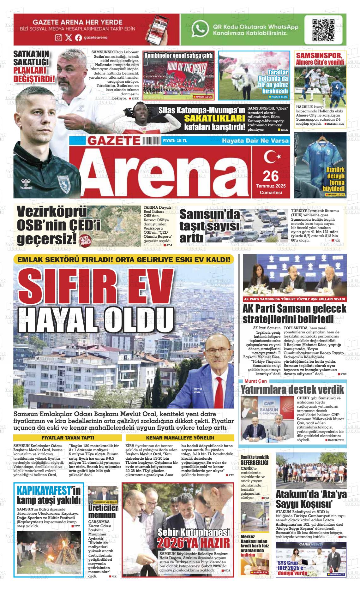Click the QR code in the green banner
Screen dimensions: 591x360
coord(323,30)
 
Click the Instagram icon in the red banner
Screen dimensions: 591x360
coord(59,38)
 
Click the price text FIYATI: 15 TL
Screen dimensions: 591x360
coord(175,141)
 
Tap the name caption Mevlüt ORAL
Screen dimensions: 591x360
coord(197,390)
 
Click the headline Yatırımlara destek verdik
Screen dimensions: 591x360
coord(292,389)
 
